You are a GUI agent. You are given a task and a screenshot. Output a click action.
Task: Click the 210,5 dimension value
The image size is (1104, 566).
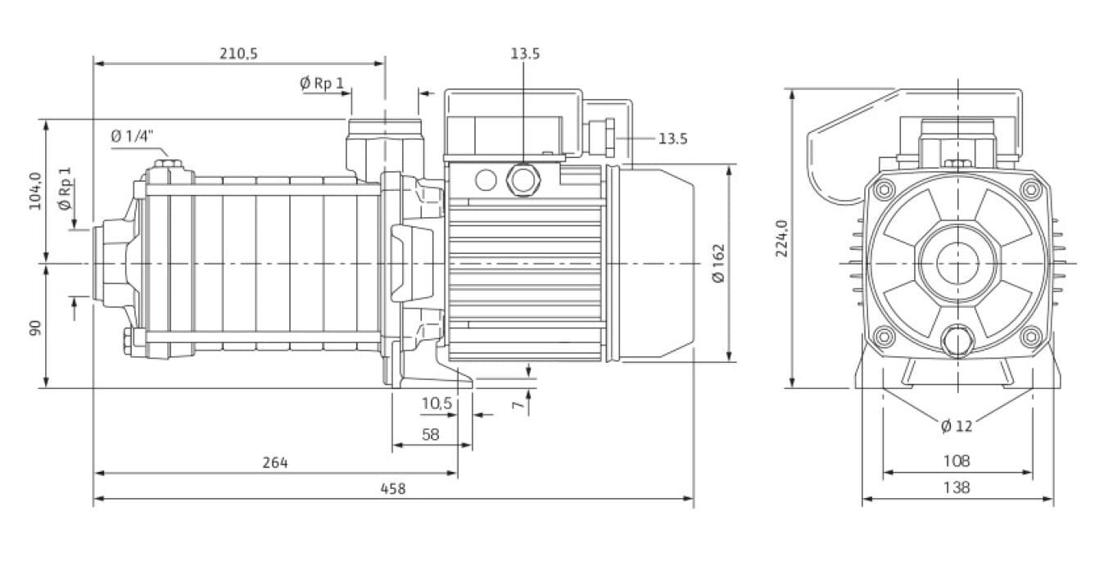point(238,54)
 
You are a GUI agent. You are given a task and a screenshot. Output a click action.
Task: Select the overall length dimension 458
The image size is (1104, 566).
point(393,488)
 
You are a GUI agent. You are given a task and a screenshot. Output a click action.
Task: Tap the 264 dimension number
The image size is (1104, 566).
point(275,463)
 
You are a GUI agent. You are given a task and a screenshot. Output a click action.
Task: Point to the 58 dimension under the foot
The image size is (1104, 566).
point(431,435)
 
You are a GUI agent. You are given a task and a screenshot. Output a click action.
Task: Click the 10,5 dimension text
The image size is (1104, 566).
point(437,403)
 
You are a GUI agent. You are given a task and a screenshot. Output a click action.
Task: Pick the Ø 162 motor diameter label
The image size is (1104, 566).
point(718,263)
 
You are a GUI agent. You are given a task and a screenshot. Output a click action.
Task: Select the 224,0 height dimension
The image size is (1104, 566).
point(781,238)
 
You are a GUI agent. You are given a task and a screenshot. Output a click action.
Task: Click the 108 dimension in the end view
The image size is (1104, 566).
point(957,461)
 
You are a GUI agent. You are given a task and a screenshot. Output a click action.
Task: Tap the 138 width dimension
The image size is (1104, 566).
point(957,487)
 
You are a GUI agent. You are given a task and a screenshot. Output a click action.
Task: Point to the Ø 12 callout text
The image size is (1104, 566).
point(957,426)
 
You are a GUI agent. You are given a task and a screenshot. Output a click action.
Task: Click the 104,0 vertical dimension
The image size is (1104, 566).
point(35,191)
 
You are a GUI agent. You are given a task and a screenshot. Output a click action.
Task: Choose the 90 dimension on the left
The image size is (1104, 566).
point(35,328)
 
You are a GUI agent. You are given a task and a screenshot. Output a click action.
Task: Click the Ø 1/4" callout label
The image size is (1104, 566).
point(132,136)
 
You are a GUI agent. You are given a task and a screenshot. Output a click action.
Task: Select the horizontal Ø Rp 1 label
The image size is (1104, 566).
point(322,83)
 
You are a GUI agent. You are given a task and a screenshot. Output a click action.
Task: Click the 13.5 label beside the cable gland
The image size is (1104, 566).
point(672,139)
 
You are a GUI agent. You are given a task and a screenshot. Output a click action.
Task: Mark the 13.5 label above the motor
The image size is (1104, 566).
point(525,54)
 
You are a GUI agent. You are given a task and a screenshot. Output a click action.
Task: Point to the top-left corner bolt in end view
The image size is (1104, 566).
point(882,191)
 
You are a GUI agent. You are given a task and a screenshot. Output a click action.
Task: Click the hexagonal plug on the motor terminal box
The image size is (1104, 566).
point(522,178)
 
